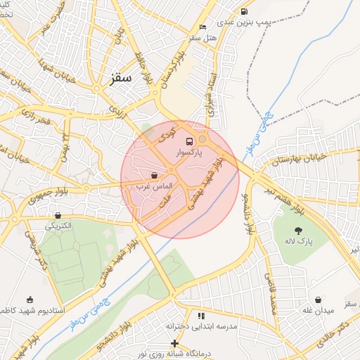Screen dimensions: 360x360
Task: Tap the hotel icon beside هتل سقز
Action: (x=203, y=27)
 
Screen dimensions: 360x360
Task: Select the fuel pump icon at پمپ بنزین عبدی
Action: (x=244, y=11)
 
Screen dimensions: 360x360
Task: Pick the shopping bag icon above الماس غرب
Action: (x=154, y=175)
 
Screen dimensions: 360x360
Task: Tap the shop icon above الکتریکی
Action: (x=58, y=216)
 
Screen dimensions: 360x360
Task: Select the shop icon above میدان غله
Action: (x=319, y=300)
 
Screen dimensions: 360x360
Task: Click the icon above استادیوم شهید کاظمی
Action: (x=30, y=300)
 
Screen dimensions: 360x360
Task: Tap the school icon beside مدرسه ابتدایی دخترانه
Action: (x=202, y=316)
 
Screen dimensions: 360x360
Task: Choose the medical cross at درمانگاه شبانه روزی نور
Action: (x=174, y=342)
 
